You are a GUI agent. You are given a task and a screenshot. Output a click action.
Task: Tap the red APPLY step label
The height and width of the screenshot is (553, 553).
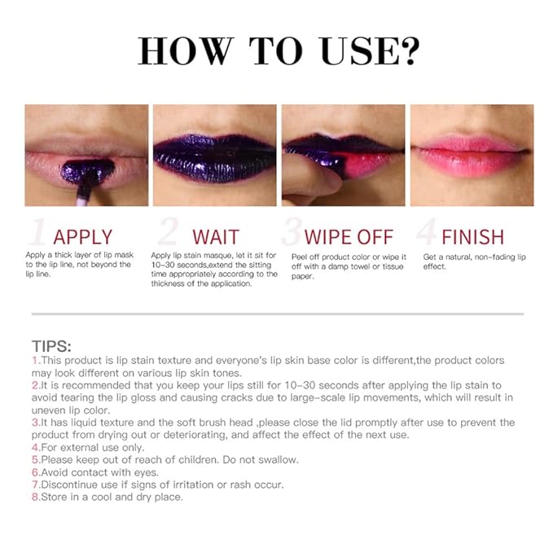(x=82, y=237)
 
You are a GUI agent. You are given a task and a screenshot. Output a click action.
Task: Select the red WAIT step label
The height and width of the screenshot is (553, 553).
(x=216, y=237)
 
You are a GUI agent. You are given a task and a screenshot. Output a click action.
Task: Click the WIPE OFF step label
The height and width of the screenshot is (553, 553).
(x=349, y=237)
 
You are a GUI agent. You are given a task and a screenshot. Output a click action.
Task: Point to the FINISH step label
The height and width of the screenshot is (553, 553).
(x=472, y=237)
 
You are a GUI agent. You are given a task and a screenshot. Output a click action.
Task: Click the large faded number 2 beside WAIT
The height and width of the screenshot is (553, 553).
(x=167, y=234)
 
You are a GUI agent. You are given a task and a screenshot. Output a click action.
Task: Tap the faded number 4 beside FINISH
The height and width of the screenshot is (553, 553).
(x=425, y=234)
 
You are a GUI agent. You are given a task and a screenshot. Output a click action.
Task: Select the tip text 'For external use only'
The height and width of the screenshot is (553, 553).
(x=91, y=447)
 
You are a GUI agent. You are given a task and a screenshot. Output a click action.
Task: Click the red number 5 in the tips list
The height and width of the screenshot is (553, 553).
(x=35, y=459)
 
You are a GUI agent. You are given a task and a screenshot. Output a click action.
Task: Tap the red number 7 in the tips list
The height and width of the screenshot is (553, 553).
(x=35, y=484)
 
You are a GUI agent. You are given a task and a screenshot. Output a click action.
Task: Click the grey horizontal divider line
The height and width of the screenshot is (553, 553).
(x=277, y=313)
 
